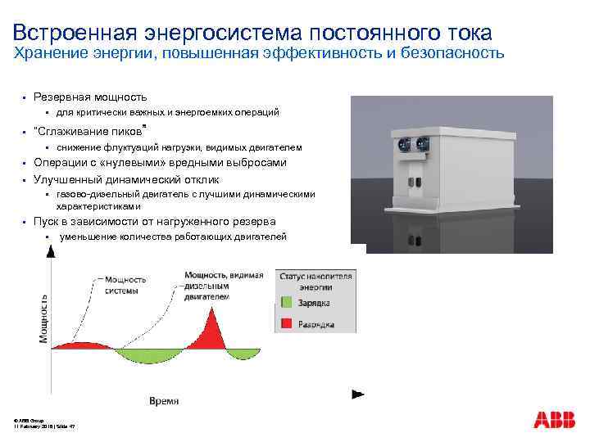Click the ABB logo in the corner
555,420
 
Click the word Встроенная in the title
67,33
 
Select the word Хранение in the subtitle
46,54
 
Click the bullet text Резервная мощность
90,97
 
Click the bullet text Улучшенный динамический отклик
126,179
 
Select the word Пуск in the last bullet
47,222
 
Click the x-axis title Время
165,400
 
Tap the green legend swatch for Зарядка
287,302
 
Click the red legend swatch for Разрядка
287,323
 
